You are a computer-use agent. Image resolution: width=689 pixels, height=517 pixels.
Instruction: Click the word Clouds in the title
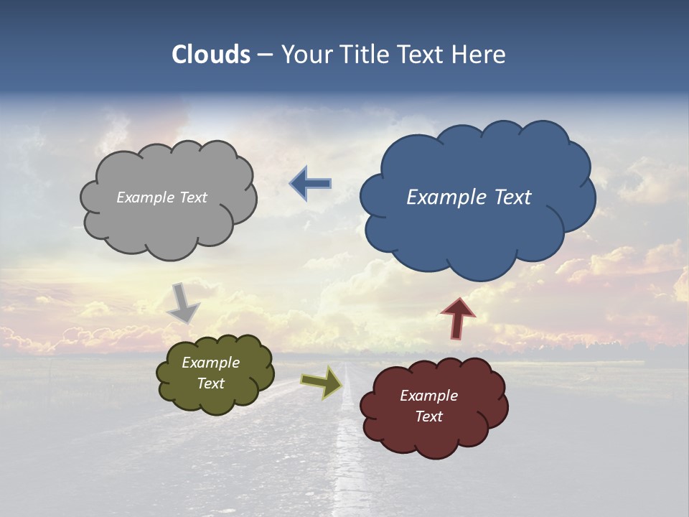(211, 55)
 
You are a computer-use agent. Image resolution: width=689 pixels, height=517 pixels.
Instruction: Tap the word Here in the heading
(479, 55)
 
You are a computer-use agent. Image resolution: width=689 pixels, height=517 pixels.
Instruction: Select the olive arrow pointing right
(322, 381)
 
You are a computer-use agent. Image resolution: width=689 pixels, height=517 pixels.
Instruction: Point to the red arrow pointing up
(458, 318)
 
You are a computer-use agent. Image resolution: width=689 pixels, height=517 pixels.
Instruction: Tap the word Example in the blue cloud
(446, 197)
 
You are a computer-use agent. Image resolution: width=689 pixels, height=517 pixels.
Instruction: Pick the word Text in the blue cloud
(511, 197)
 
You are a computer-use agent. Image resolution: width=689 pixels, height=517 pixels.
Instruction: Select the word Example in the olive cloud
(211, 363)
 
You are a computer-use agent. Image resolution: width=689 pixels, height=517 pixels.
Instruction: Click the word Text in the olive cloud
(211, 383)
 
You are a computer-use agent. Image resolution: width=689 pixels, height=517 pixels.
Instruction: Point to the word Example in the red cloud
(428, 396)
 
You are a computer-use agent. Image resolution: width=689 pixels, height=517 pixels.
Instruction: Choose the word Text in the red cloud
(428, 416)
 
